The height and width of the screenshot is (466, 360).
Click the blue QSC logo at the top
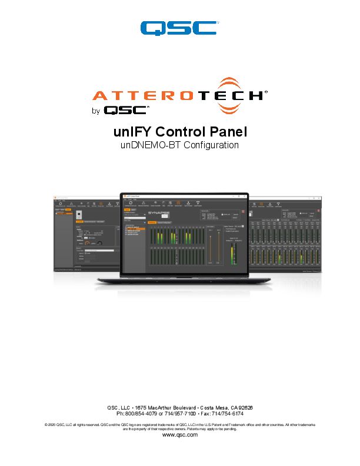pyautogui.click(x=179, y=28)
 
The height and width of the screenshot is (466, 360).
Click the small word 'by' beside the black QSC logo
pyautogui.click(x=96, y=109)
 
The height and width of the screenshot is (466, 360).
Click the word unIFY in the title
pyautogui.click(x=133, y=131)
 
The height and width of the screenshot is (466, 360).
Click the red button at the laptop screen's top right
pyautogui.click(x=242, y=210)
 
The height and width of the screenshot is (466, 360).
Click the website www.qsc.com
pyautogui.click(x=179, y=435)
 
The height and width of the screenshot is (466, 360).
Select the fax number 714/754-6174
pyautogui.click(x=227, y=414)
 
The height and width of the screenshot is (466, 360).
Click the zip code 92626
pyautogui.click(x=244, y=407)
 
